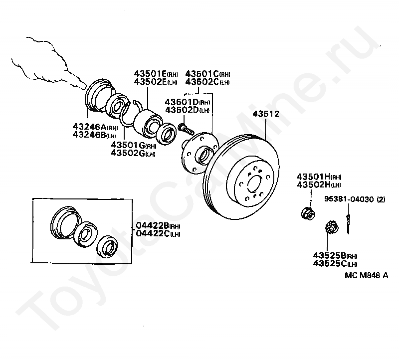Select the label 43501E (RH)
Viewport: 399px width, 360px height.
click(x=152, y=74)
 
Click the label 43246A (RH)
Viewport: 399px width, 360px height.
click(x=95, y=128)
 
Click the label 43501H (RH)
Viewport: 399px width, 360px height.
click(x=319, y=177)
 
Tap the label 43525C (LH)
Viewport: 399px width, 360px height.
click(x=335, y=263)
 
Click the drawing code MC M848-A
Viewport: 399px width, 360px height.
click(x=366, y=275)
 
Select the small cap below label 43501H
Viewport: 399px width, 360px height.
click(x=308, y=213)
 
